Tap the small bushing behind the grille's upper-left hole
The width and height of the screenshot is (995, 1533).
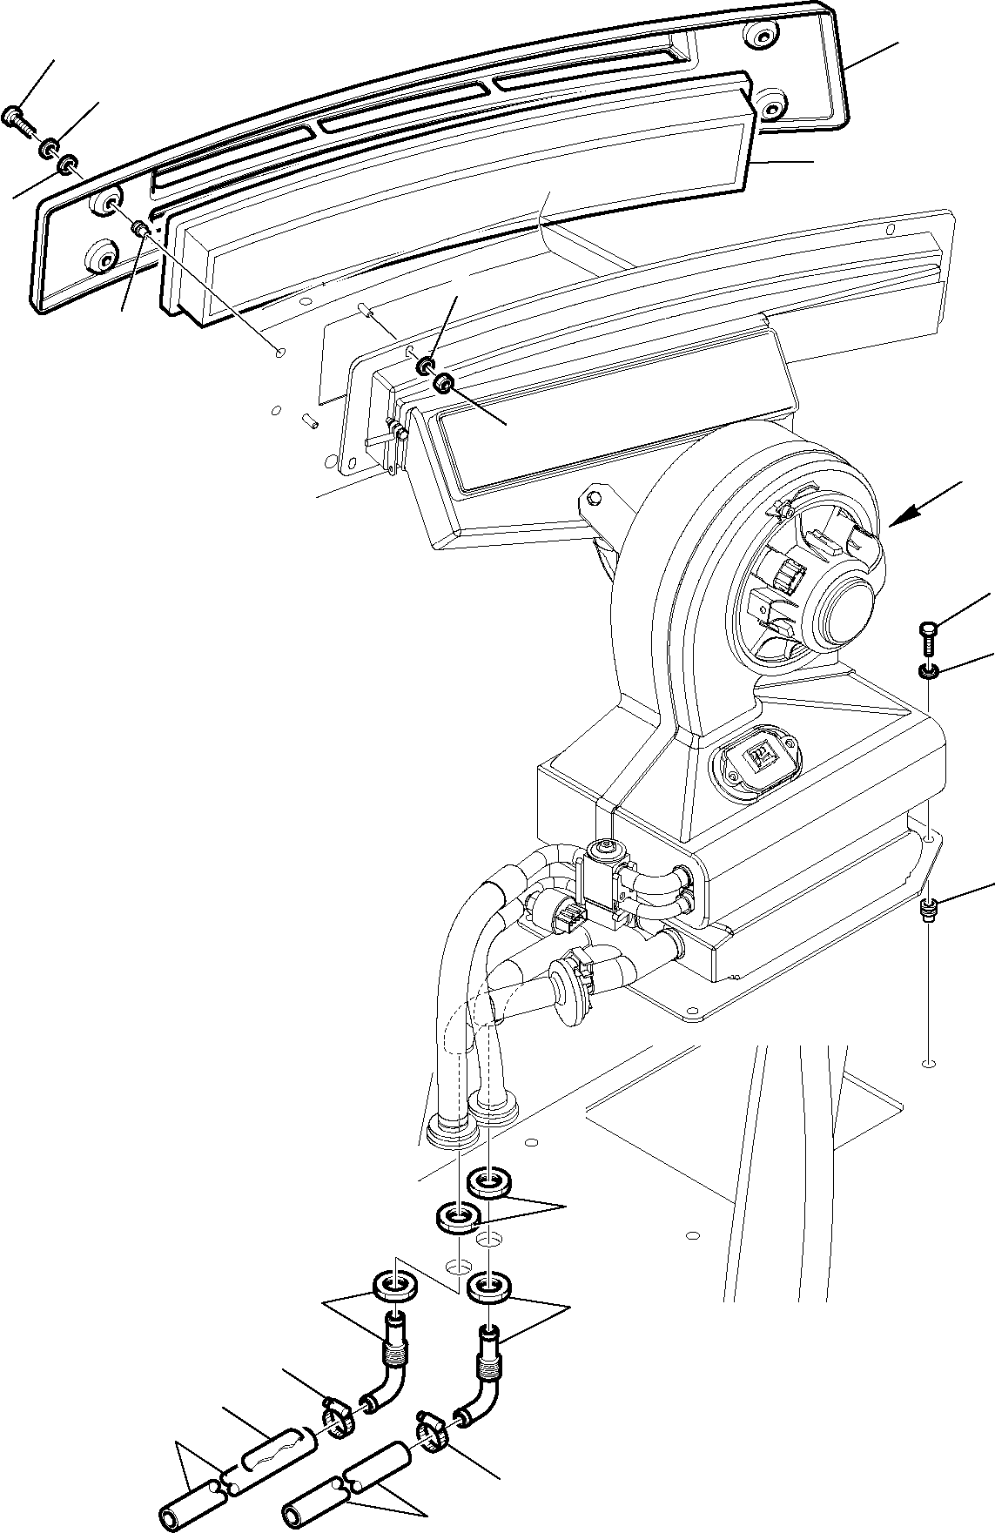tap(138, 229)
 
